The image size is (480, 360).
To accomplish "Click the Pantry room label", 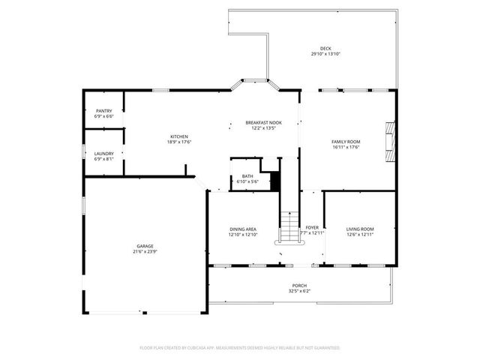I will (x=104, y=111).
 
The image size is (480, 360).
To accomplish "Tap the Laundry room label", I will (x=104, y=153).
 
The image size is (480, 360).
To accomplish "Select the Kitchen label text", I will (x=178, y=136).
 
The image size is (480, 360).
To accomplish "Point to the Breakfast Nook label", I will (x=263, y=122).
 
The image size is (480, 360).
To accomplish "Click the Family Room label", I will (x=346, y=141).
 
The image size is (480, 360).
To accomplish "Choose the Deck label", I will (x=325, y=48).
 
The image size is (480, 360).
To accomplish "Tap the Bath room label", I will (x=247, y=176).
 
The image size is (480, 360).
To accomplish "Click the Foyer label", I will (x=312, y=226).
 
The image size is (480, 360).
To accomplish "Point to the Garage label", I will (x=145, y=245).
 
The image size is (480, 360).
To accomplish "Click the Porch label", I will (x=299, y=286).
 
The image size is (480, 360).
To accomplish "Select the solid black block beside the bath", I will (x=274, y=181).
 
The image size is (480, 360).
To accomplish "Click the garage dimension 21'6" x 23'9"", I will (x=145, y=251).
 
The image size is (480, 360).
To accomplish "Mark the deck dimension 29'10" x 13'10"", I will (x=325, y=54).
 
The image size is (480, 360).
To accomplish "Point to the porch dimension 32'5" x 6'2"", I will (x=299, y=291).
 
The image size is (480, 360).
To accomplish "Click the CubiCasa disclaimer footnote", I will (x=240, y=348).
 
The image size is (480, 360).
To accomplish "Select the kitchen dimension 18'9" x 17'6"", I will (x=178, y=142).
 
